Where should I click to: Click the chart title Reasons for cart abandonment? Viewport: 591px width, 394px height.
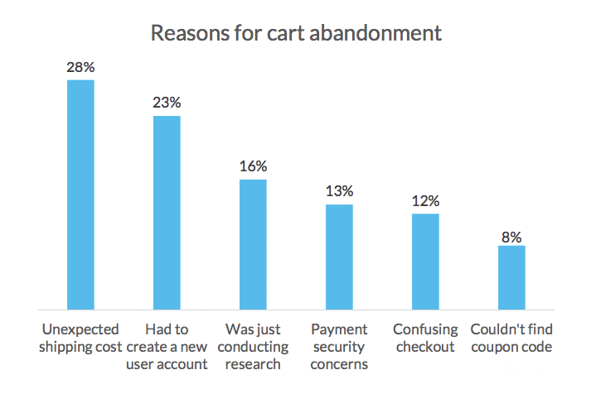coord(296,33)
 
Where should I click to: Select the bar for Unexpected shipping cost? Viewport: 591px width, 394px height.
coord(80,195)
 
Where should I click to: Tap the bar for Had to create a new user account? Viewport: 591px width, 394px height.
coord(167,213)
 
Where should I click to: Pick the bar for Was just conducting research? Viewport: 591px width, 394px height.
coord(253,244)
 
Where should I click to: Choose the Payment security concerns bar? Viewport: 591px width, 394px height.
coord(339,257)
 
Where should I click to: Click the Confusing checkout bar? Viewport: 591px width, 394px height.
coord(425,262)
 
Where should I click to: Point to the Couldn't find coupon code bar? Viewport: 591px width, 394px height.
coord(511,277)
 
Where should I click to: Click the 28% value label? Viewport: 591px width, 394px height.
coord(80,67)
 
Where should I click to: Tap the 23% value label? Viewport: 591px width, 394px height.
coord(167,103)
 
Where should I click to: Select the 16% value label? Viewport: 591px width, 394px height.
coord(253,166)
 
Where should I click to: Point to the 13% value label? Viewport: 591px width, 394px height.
coord(339,191)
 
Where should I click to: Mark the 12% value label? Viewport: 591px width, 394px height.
coord(425,201)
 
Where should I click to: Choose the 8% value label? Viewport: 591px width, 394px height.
coord(511,238)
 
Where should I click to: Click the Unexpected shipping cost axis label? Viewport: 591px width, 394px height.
coord(80,338)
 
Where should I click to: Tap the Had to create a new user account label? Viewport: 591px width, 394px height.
coord(167,346)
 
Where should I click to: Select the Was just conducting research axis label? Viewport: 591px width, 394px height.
coord(253,346)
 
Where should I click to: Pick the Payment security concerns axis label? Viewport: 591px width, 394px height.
coord(339,346)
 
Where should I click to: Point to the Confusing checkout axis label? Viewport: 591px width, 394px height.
coord(425,338)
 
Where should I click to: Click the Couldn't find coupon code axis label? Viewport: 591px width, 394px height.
coord(511,338)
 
